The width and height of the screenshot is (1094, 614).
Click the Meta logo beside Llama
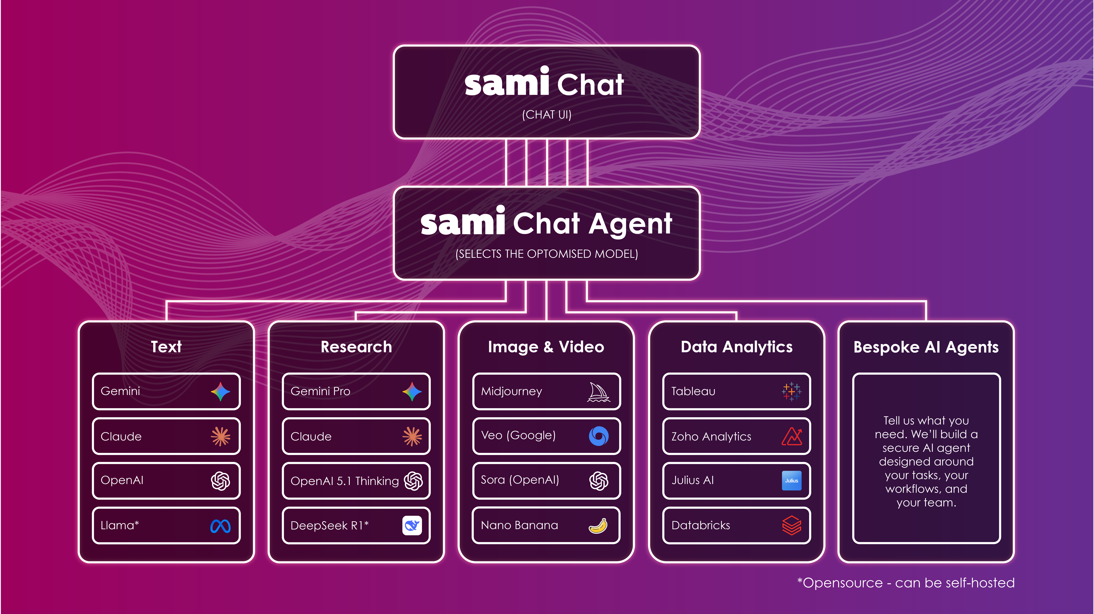[x=220, y=526]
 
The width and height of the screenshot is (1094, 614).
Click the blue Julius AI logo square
[x=791, y=481]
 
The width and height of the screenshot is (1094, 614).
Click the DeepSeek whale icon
[x=411, y=526]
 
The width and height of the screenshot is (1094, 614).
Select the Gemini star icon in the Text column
[x=220, y=391]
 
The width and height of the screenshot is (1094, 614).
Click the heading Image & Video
[x=546, y=347]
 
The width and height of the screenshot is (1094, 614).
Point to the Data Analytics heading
[x=736, y=347]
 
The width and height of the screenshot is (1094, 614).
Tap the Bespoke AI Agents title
[x=926, y=347]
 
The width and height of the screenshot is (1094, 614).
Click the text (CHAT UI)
[x=547, y=115]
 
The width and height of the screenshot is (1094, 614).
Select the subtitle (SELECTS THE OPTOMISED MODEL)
[x=547, y=254]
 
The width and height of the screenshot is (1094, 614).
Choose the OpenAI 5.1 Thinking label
[x=344, y=481]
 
